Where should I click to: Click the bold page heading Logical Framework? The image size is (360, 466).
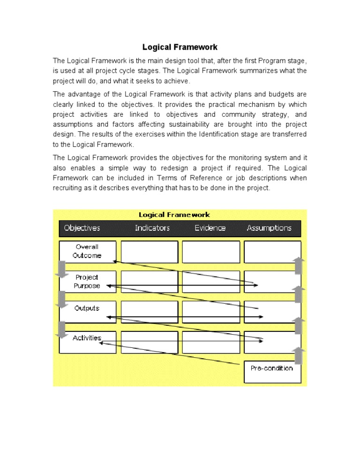click(x=180, y=47)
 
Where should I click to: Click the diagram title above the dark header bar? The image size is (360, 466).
click(x=174, y=215)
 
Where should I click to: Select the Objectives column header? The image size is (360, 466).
click(x=82, y=228)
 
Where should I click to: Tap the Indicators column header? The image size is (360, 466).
click(x=152, y=228)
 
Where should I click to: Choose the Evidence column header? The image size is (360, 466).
click(x=210, y=228)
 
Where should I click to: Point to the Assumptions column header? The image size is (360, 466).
click(x=269, y=228)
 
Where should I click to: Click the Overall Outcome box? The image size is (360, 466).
click(x=87, y=251)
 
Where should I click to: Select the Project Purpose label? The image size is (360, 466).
click(x=87, y=281)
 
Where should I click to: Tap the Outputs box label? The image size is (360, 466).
click(x=87, y=308)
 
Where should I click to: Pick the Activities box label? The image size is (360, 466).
click(x=87, y=338)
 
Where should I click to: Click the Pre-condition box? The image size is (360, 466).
click(x=272, y=368)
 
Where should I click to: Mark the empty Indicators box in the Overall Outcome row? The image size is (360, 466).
click(x=150, y=252)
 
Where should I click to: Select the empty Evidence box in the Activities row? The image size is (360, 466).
click(x=210, y=342)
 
